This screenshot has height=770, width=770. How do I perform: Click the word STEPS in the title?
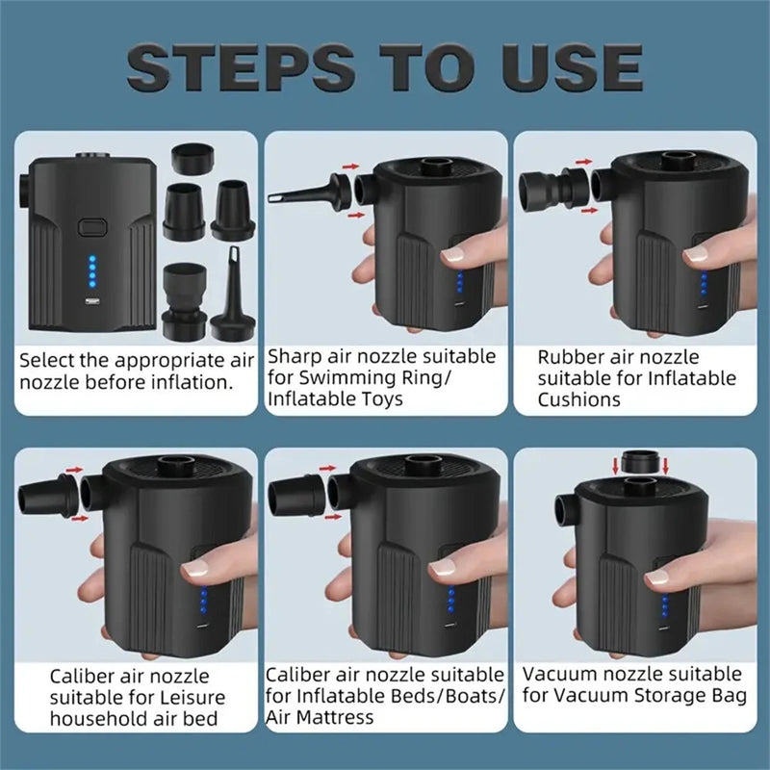point(240,66)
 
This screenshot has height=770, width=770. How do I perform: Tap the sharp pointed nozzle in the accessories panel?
point(233,294)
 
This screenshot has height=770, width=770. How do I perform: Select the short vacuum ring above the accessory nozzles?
point(193,159)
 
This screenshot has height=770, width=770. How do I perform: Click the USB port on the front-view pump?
point(91,302)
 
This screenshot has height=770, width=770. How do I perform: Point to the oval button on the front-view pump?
point(92,227)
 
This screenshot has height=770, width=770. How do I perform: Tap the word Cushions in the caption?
point(579,399)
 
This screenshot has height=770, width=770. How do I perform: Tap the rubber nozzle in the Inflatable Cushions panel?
point(553,188)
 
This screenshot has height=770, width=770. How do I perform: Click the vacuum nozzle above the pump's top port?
point(640,463)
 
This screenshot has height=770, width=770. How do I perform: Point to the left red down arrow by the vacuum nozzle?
point(615,467)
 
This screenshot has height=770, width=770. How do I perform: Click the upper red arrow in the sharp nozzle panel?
point(350,167)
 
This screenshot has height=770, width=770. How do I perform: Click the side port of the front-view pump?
point(23,192)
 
